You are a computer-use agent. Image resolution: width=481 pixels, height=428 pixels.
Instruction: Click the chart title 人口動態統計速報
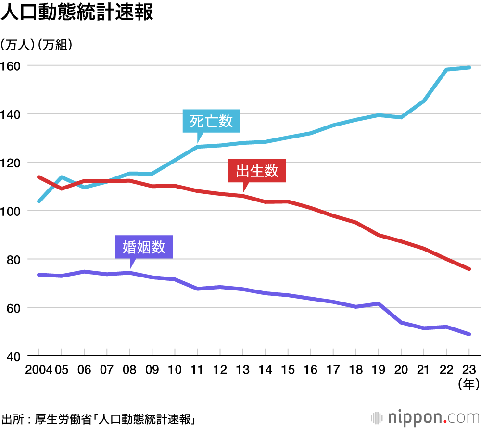[77, 13]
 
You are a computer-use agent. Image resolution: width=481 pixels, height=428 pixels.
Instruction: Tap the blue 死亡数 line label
[211, 121]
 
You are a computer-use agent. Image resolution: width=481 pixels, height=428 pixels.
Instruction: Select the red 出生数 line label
[257, 171]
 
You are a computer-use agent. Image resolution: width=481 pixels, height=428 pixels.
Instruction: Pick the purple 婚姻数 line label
[144, 247]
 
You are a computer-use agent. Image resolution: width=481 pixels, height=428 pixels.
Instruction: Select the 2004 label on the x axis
[39, 370]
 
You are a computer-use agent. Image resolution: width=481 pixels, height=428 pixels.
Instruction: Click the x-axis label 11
[197, 370]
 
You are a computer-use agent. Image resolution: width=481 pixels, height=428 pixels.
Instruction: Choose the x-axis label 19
[378, 370]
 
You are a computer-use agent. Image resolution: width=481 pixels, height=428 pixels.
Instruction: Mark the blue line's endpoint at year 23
[469, 67]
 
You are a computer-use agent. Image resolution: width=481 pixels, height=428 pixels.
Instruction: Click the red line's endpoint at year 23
[469, 269]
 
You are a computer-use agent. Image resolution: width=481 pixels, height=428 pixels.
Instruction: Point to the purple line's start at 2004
[39, 275]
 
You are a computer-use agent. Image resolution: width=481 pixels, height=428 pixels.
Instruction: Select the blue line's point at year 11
[197, 146]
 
